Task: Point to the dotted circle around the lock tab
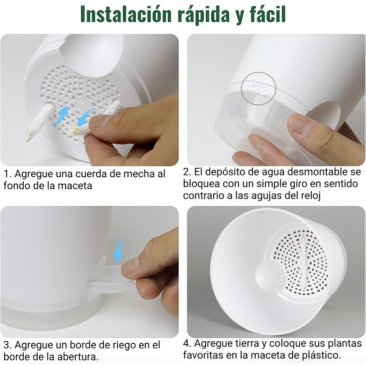(258, 88)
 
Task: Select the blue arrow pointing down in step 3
(119, 250)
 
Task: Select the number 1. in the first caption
(7, 174)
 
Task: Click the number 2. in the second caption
(187, 172)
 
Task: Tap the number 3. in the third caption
(7, 345)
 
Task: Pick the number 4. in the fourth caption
(187, 343)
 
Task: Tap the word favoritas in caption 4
(203, 354)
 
